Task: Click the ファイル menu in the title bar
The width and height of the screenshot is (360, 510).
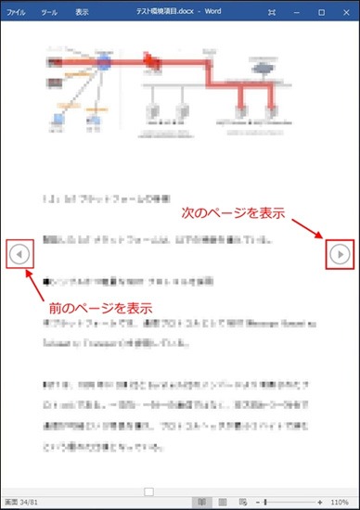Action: coord(17,13)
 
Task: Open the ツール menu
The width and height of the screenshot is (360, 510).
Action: coord(49,13)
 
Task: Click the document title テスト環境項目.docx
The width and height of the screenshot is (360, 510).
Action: coord(180,13)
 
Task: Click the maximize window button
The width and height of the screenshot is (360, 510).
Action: coord(321,13)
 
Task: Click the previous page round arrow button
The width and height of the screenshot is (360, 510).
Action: coord(19,252)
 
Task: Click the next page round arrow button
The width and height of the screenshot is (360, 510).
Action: coord(341,252)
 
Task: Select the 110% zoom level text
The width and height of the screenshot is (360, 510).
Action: coord(339,502)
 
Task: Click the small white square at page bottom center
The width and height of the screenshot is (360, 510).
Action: coord(148,490)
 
